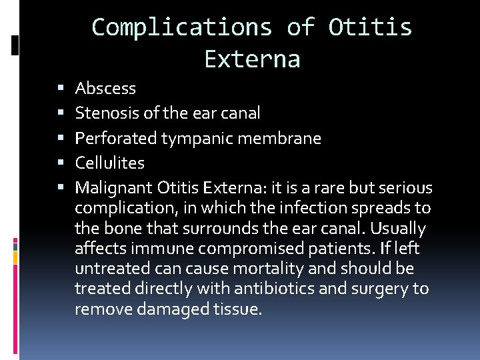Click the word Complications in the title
click(x=182, y=27)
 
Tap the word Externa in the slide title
click(x=252, y=59)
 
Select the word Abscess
click(x=105, y=88)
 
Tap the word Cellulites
click(x=109, y=163)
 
